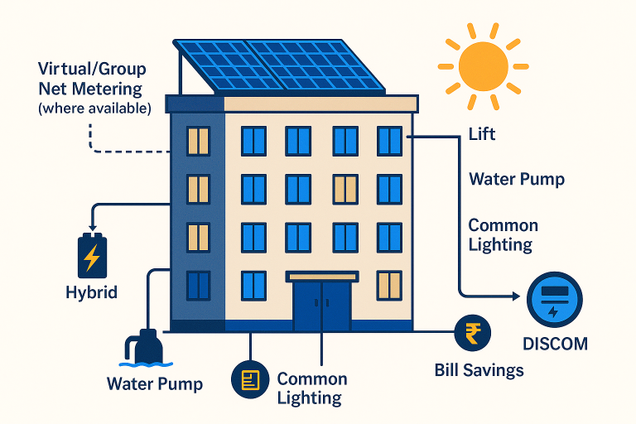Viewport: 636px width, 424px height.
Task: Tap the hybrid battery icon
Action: coord(91,256)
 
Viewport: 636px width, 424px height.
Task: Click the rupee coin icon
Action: coord(473,335)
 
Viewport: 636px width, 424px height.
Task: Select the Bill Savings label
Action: coord(479,369)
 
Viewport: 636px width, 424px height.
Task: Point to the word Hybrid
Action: coord(91,292)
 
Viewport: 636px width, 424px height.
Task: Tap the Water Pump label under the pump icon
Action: coord(155,384)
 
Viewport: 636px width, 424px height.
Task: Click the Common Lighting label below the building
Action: coord(311,388)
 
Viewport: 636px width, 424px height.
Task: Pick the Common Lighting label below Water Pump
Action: coord(503,235)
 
